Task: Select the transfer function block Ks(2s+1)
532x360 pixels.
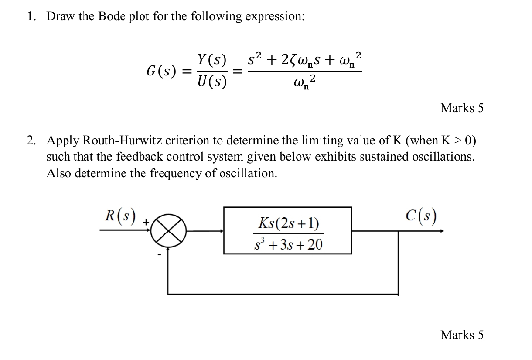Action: pos(287,230)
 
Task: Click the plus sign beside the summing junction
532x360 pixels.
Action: pos(146,223)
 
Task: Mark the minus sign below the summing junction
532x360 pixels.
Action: pos(159,254)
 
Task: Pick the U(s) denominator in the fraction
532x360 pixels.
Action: pos(212,81)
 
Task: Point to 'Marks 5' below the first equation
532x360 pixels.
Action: pos(462,108)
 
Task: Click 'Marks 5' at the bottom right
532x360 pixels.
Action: pos(462,335)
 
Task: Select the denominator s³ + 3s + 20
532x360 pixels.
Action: pos(288,245)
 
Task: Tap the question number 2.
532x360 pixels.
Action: pos(30,141)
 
